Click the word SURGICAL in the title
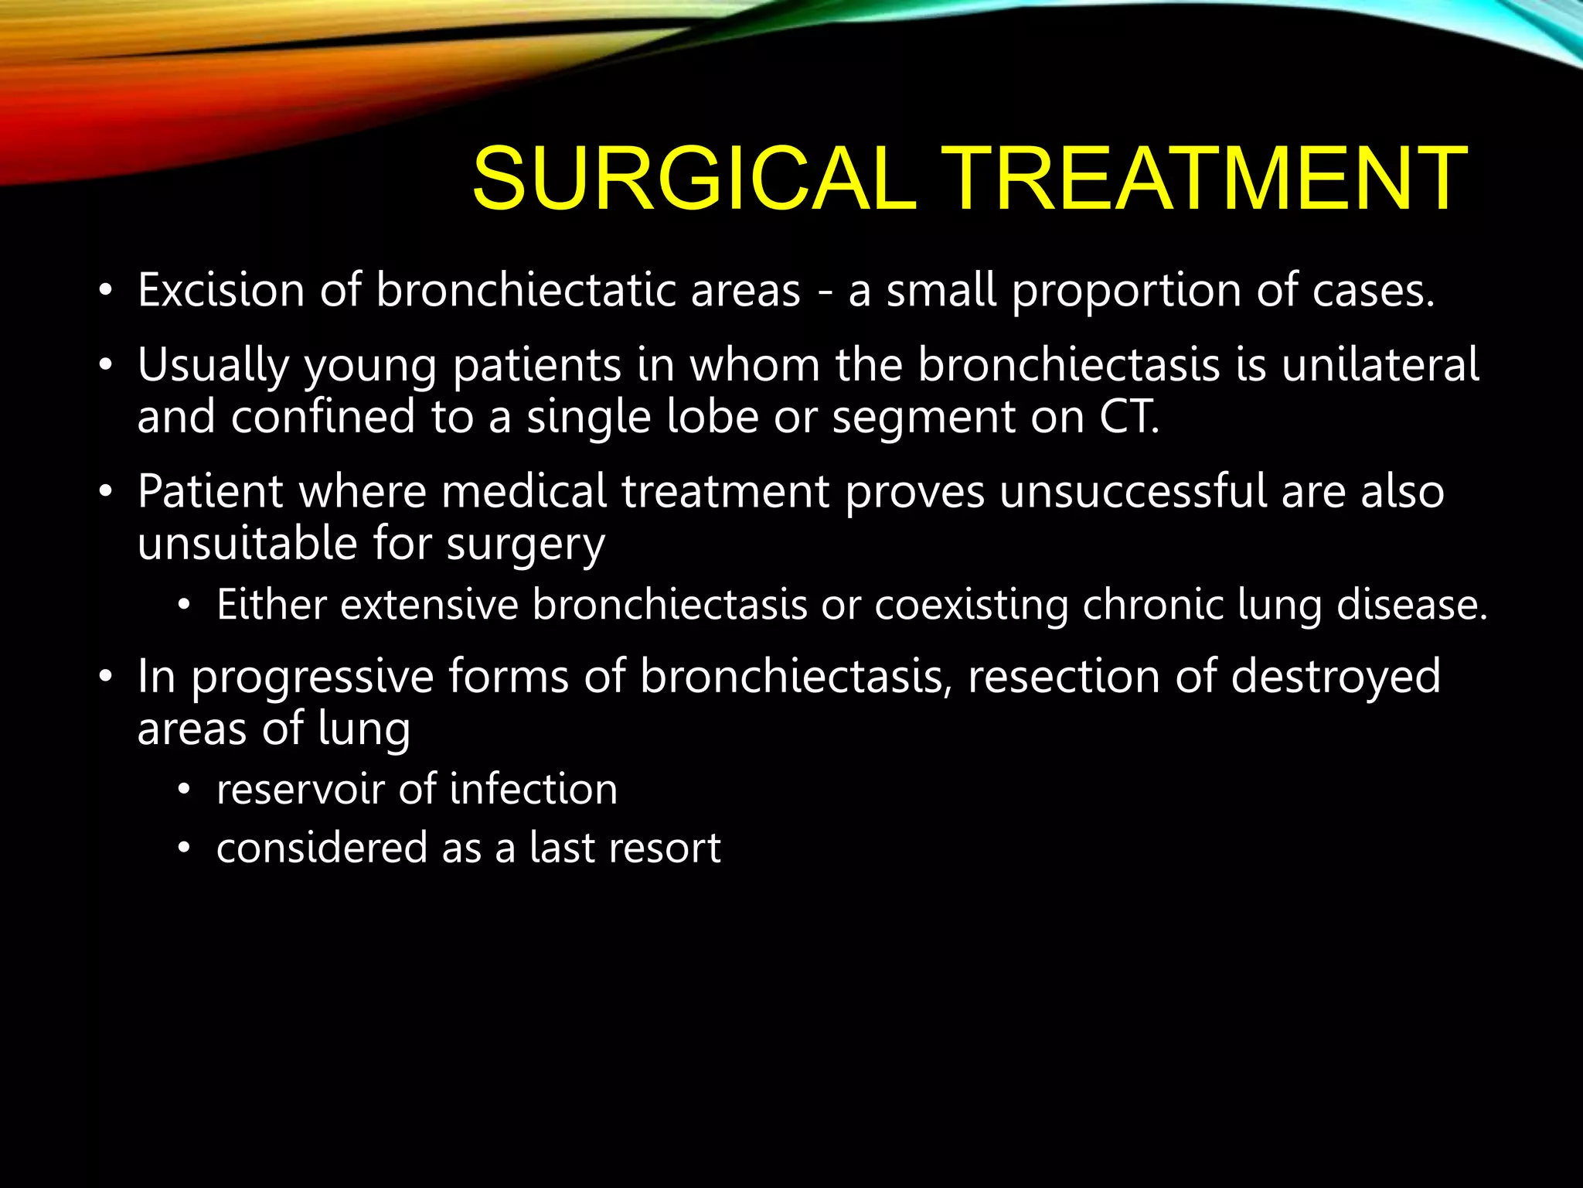[x=693, y=179]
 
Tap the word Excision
[x=221, y=290]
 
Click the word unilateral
[x=1380, y=364]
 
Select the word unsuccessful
[x=1132, y=491]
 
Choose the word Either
[x=271, y=604]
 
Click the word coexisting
[x=971, y=606]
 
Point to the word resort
[x=665, y=848]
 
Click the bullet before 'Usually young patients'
[x=106, y=365]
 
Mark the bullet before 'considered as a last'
[x=183, y=848]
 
